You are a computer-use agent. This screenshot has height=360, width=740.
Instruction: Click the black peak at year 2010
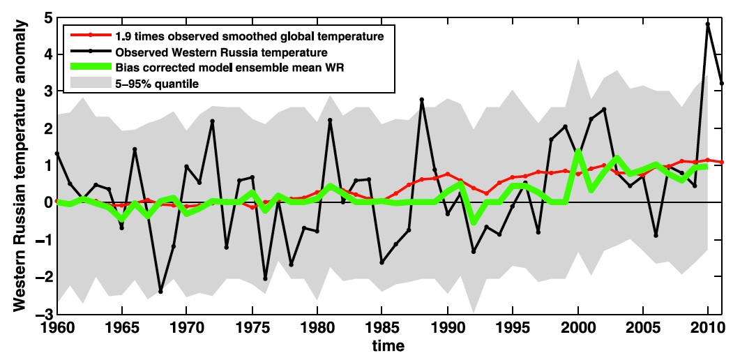708,24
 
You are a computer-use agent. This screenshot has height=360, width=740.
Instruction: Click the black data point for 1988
421,100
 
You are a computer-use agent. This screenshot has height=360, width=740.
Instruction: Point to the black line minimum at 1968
160,292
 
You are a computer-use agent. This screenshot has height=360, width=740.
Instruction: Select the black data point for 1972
212,121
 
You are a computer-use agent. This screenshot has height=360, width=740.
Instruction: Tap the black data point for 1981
330,120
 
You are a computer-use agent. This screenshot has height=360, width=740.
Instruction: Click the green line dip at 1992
474,223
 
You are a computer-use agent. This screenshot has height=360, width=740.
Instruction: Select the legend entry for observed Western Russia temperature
221,52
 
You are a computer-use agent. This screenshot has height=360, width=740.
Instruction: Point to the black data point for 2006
656,236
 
